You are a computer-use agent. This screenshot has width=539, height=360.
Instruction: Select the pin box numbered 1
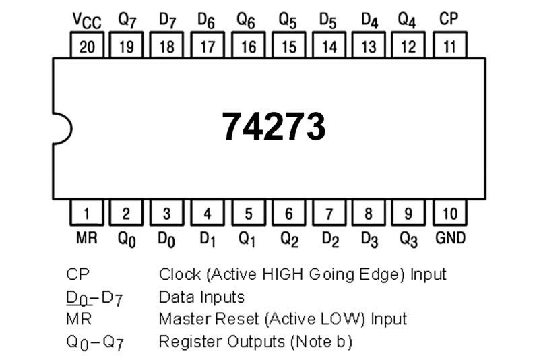86,214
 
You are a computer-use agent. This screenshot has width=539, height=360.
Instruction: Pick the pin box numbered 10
449,214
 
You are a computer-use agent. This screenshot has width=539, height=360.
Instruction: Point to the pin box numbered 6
288,214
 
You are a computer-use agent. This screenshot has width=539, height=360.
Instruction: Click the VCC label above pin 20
86,20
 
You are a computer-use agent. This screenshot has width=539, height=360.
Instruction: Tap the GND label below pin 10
449,237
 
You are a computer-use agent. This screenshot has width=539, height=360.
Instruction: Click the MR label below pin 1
86,237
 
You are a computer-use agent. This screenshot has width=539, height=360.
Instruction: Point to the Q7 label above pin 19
127,20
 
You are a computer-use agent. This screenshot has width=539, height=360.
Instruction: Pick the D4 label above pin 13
369,20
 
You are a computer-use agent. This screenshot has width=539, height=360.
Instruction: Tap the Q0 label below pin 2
127,238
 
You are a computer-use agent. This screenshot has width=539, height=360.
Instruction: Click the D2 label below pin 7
329,238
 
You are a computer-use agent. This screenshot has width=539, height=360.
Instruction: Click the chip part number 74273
274,126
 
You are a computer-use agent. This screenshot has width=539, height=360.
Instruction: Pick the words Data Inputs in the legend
201,296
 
